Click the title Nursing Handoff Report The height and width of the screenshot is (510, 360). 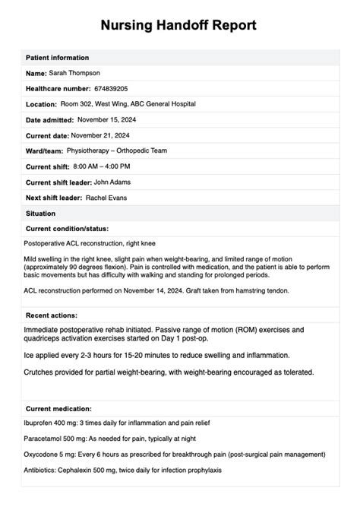coord(179,25)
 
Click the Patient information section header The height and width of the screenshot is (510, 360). coord(57,58)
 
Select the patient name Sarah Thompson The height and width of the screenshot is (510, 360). coord(74,73)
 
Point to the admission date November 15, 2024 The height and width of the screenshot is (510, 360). coord(111,120)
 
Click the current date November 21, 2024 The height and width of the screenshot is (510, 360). coord(106,135)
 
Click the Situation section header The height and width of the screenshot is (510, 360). coord(40,214)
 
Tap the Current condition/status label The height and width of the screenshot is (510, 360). coord(67,228)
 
